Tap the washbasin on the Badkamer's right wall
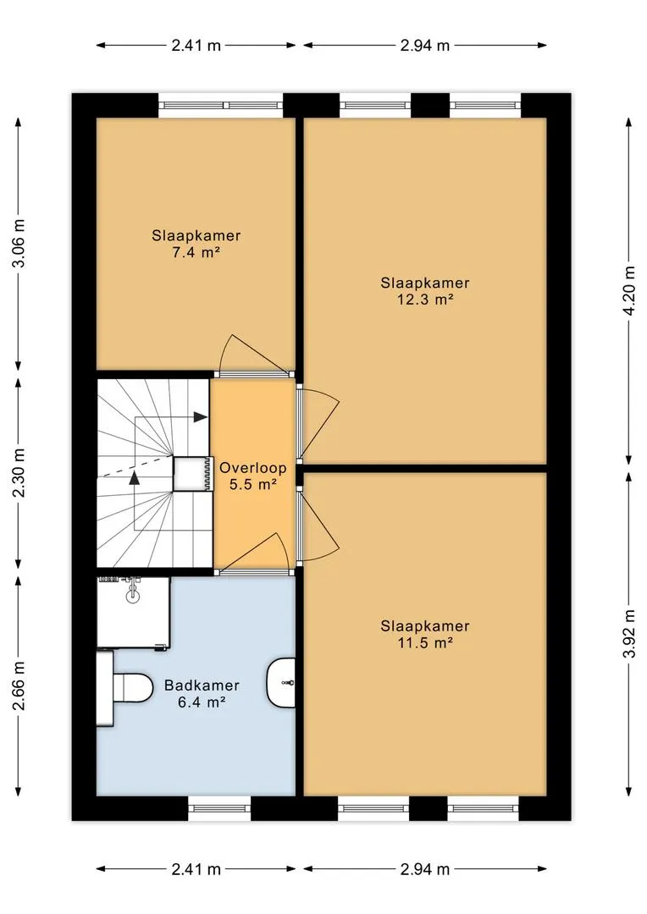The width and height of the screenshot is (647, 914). pyautogui.click(x=281, y=681)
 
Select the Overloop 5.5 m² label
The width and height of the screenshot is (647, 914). pyautogui.click(x=252, y=476)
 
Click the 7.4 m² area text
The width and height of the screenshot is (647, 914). pyautogui.click(x=196, y=252)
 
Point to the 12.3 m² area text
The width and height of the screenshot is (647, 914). pyautogui.click(x=425, y=299)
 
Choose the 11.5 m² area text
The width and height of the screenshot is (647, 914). pyautogui.click(x=425, y=642)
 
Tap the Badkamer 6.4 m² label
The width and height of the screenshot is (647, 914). pyautogui.click(x=202, y=693)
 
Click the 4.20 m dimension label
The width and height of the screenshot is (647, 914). pyautogui.click(x=628, y=290)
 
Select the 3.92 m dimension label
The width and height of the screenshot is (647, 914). pyautogui.click(x=628, y=634)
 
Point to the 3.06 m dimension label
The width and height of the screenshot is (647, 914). pyautogui.click(x=19, y=243)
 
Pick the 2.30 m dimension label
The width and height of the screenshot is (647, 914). pyautogui.click(x=19, y=473)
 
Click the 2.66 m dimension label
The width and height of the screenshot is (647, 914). pyautogui.click(x=19, y=686)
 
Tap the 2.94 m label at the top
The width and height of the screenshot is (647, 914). pyautogui.click(x=425, y=46)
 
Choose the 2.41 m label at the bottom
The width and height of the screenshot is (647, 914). pyautogui.click(x=196, y=869)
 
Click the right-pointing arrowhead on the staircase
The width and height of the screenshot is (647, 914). pyautogui.click(x=200, y=417)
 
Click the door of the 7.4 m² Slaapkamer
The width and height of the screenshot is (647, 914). pyautogui.click(x=256, y=353)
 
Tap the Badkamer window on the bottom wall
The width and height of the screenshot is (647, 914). pyautogui.click(x=219, y=808)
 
